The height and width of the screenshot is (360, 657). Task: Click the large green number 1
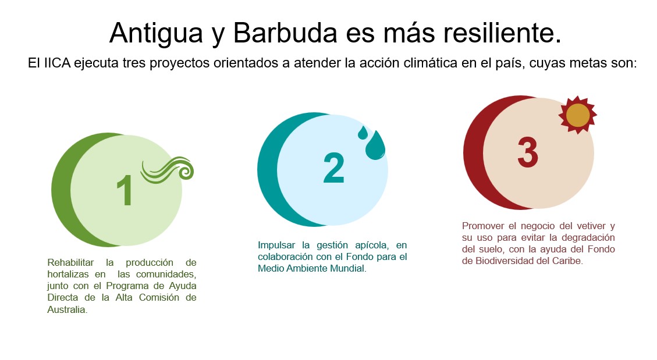point(125,190)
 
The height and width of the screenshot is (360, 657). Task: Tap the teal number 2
point(334,168)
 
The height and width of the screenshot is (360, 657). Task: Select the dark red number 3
point(528,153)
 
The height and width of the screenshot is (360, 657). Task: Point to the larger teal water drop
point(375,145)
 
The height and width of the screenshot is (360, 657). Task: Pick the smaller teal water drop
point(363,133)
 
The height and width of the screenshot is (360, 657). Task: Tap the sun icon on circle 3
point(578,115)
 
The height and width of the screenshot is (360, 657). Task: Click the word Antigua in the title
point(157,33)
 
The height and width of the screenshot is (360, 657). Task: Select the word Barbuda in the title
point(285,33)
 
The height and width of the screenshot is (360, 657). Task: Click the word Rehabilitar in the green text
point(70,262)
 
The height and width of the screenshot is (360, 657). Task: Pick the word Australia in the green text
point(67,310)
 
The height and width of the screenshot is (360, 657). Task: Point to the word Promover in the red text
point(483,226)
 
